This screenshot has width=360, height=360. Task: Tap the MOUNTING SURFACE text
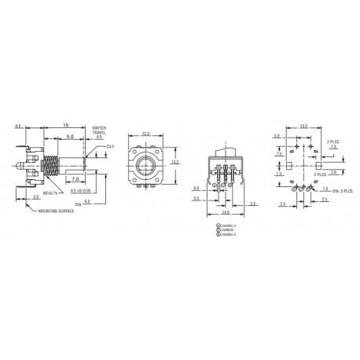(x=54, y=211)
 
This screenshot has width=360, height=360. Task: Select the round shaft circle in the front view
(x=145, y=167)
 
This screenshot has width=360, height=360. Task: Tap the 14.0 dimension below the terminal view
(x=226, y=212)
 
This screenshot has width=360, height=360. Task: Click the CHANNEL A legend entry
(x=227, y=226)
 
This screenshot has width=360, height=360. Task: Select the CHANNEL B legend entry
(x=227, y=234)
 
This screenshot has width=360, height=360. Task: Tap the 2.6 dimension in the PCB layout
(x=333, y=171)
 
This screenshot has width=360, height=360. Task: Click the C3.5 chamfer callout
(x=111, y=146)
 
